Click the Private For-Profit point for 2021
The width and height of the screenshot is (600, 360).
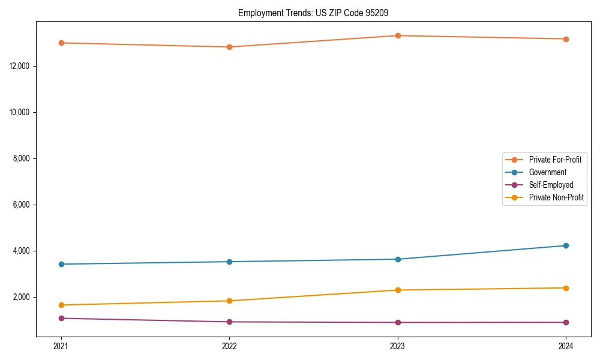click(61, 43)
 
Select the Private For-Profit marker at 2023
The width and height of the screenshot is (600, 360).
click(398, 35)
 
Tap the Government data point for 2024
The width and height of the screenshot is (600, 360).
click(566, 245)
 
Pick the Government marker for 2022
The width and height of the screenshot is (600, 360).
click(229, 262)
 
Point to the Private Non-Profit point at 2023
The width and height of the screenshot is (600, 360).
click(398, 290)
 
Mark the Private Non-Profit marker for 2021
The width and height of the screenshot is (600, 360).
click(61, 305)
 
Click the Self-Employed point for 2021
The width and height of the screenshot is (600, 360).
click(61, 318)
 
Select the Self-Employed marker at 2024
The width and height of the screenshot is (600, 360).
click(566, 322)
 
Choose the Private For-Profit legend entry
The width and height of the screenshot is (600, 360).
click(554, 160)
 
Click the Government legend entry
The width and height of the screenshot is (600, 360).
click(547, 172)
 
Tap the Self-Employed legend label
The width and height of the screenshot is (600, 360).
click(551, 185)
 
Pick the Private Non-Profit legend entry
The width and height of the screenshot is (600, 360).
click(556, 197)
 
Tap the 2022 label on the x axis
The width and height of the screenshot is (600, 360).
click(229, 346)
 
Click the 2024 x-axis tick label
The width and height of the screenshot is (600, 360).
click(566, 346)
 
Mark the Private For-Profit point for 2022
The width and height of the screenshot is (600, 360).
click(229, 47)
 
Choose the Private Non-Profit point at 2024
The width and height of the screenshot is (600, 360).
click(566, 288)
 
